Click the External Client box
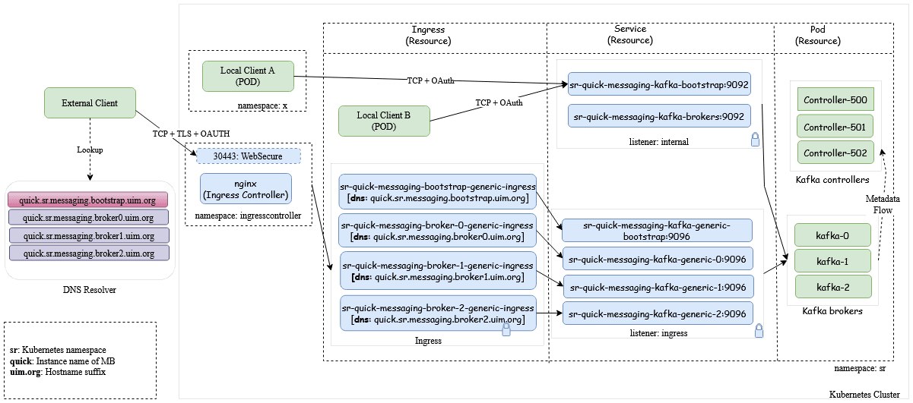90,103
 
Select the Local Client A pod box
247,76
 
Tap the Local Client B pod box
384,121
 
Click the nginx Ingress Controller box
246,188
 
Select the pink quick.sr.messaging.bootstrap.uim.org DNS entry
88,201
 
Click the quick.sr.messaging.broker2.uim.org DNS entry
88,253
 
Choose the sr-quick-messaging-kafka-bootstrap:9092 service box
659,84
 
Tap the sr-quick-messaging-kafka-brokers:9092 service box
659,116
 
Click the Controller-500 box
835,99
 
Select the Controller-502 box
835,153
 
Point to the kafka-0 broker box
832,235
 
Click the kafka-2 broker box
832,286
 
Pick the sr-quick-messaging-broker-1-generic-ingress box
438,271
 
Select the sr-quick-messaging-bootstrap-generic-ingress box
438,192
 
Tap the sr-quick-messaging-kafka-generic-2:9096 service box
658,313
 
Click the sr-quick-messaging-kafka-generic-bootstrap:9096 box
658,231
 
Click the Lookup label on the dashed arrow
90,150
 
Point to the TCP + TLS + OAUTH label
189,134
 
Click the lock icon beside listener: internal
755,139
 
